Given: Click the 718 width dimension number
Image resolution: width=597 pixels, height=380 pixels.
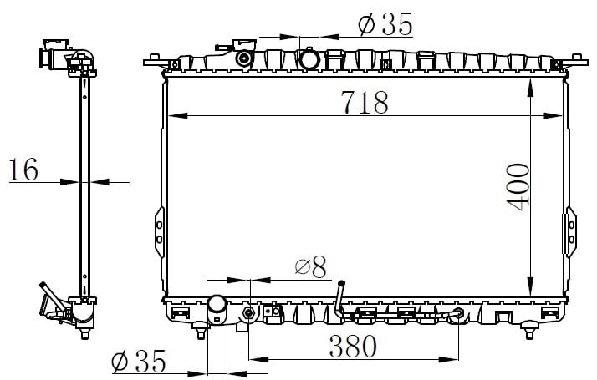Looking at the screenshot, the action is pyautogui.click(x=365, y=102).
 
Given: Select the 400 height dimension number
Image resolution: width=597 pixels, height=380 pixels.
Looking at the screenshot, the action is pyautogui.click(x=518, y=187).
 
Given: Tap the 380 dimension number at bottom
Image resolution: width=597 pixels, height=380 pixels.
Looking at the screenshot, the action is pyautogui.click(x=353, y=346).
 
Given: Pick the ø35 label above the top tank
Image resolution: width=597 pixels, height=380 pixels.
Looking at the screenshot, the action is pyautogui.click(x=385, y=24).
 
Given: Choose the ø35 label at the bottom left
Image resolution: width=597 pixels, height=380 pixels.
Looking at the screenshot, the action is pyautogui.click(x=139, y=361).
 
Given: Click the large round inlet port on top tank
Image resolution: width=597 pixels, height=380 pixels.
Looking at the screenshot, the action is pyautogui.click(x=309, y=60).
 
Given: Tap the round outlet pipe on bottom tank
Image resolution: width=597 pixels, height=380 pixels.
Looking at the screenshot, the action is pyautogui.click(x=217, y=309).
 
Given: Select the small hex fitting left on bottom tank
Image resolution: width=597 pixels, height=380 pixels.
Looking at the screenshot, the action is pyautogui.click(x=248, y=313).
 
